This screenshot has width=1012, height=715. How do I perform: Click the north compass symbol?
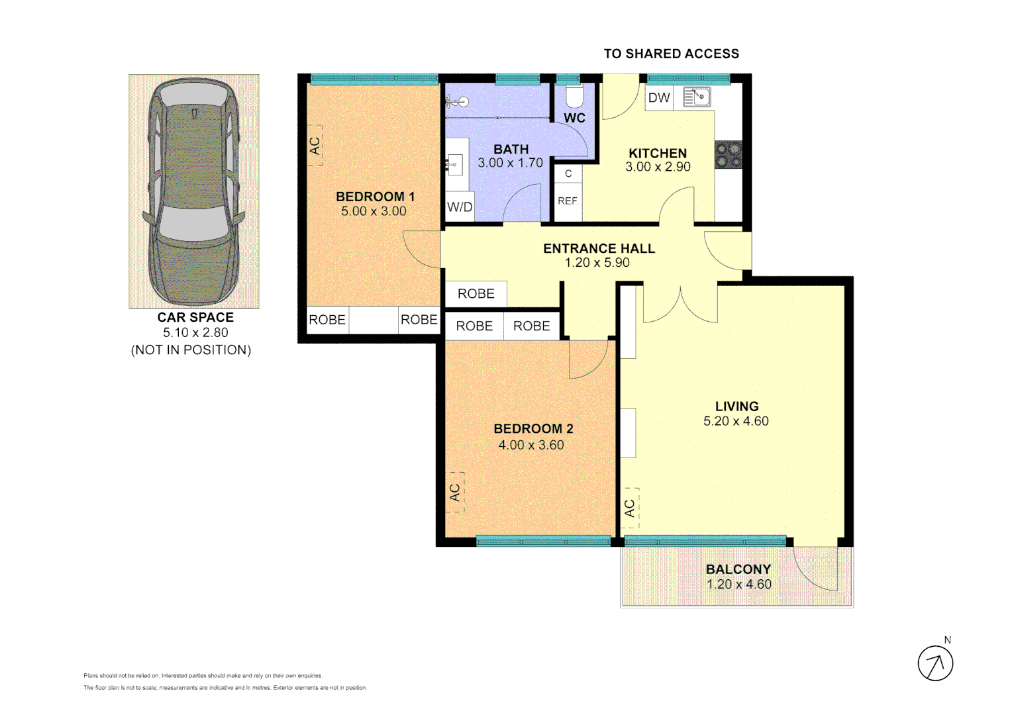pyautogui.click(x=935, y=663)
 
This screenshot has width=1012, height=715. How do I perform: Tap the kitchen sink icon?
pyautogui.click(x=696, y=97)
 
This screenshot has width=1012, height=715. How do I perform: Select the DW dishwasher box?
pyautogui.click(x=659, y=98)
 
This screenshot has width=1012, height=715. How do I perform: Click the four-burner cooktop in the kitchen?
pyautogui.click(x=729, y=155)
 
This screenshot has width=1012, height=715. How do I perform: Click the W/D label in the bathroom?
pyautogui.click(x=460, y=207)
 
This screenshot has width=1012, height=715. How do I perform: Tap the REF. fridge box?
pyautogui.click(x=568, y=201)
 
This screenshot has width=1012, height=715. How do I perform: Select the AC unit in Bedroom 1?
pyautogui.click(x=315, y=145)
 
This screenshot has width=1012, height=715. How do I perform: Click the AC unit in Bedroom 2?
pyautogui.click(x=455, y=492)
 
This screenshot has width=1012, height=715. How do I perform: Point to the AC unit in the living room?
pyautogui.click(x=630, y=508)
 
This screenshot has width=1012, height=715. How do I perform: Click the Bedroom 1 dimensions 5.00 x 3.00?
pyautogui.click(x=374, y=211)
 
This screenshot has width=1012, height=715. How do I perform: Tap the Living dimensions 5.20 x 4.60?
pyautogui.click(x=736, y=421)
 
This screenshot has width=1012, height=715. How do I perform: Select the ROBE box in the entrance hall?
pyautogui.click(x=476, y=294)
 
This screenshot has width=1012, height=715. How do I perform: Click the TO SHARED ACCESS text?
pyautogui.click(x=671, y=54)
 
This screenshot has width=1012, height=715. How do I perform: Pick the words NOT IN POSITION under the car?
pyautogui.click(x=191, y=350)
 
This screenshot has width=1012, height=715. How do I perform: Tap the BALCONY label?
pyautogui.click(x=738, y=569)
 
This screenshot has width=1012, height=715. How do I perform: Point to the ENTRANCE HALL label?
pyautogui.click(x=599, y=249)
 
